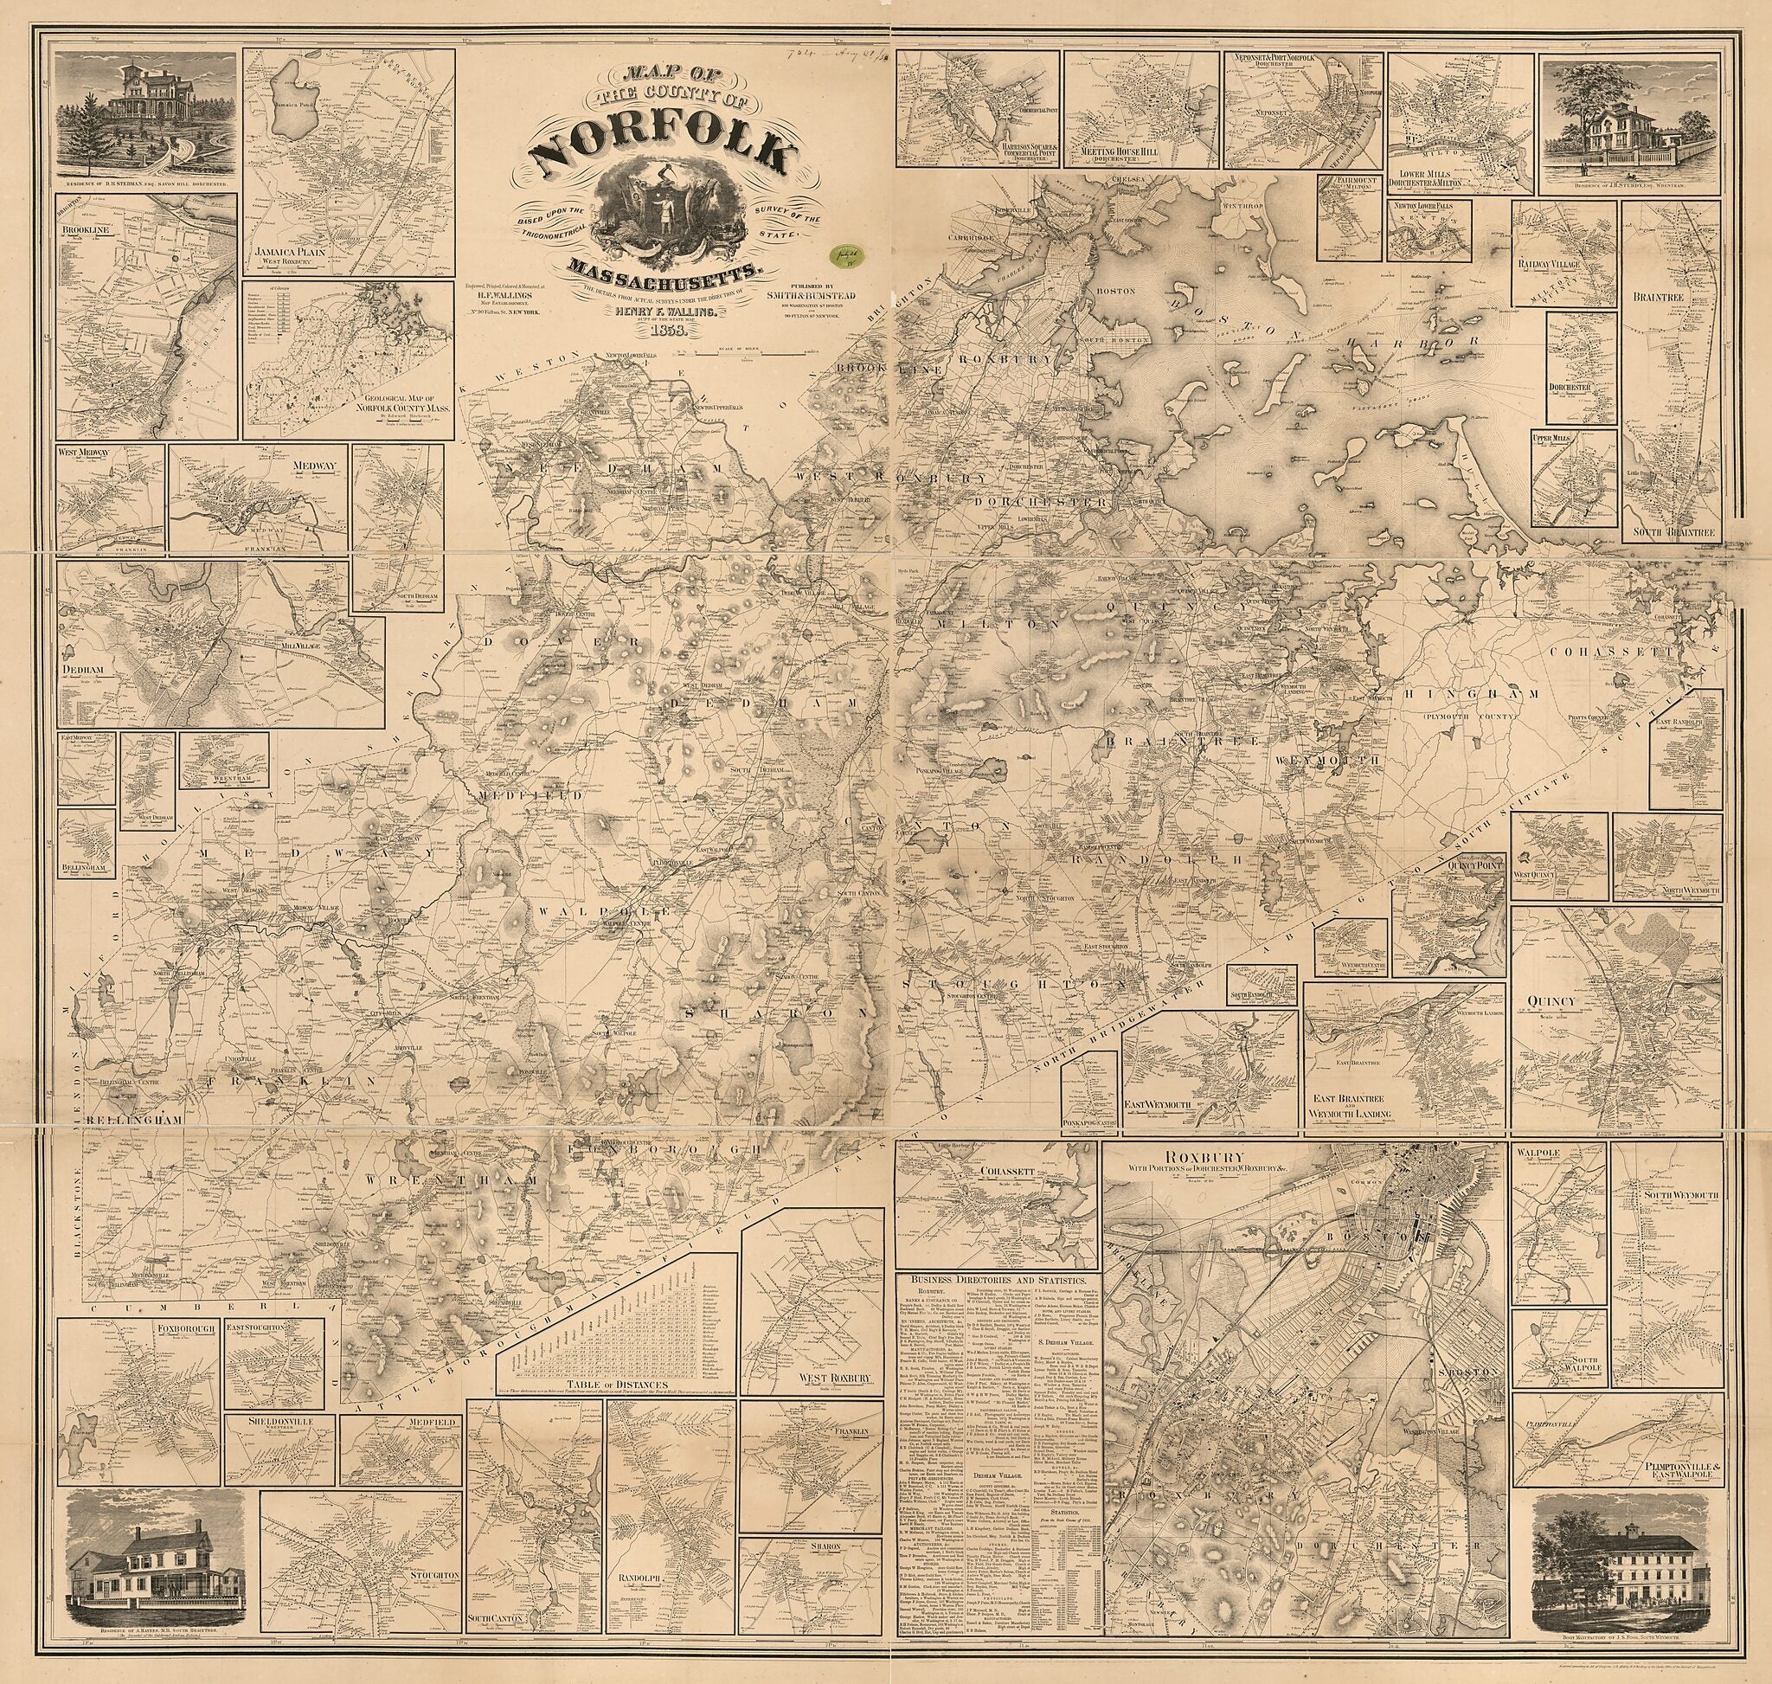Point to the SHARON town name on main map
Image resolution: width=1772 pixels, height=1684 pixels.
(x=773, y=1012)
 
